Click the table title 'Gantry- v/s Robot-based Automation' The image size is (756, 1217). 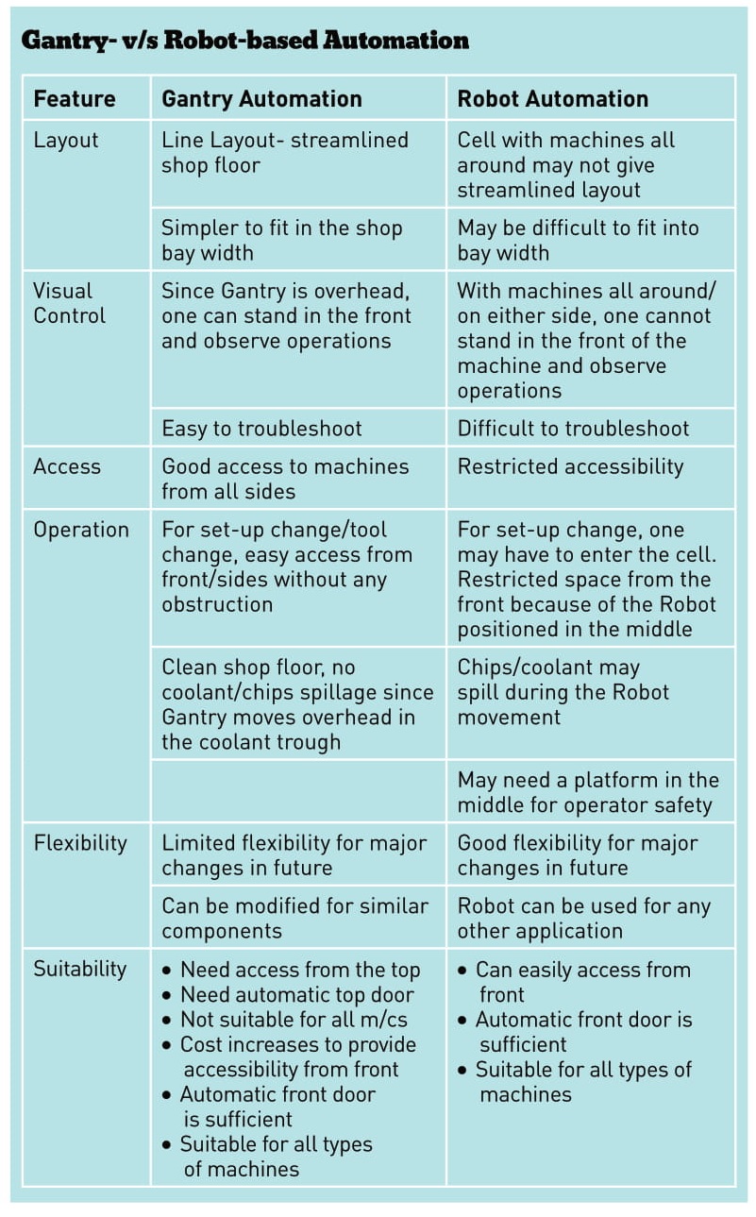[x=245, y=41]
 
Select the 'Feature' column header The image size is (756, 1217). [x=75, y=99]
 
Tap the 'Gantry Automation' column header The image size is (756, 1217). [x=261, y=99]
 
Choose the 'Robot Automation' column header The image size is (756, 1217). [x=553, y=99]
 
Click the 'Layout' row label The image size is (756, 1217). [x=66, y=141]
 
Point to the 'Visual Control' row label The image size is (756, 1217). [x=69, y=303]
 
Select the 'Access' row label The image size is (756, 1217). [x=67, y=466]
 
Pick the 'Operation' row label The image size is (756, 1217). [x=81, y=530]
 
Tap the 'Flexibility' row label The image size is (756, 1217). [x=80, y=843]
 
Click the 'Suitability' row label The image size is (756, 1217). [x=80, y=969]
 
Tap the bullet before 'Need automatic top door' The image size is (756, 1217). [x=167, y=995]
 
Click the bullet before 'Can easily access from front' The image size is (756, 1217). [x=462, y=971]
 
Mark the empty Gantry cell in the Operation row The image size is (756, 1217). [x=298, y=791]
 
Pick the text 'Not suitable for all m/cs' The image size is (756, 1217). [x=294, y=1020]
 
